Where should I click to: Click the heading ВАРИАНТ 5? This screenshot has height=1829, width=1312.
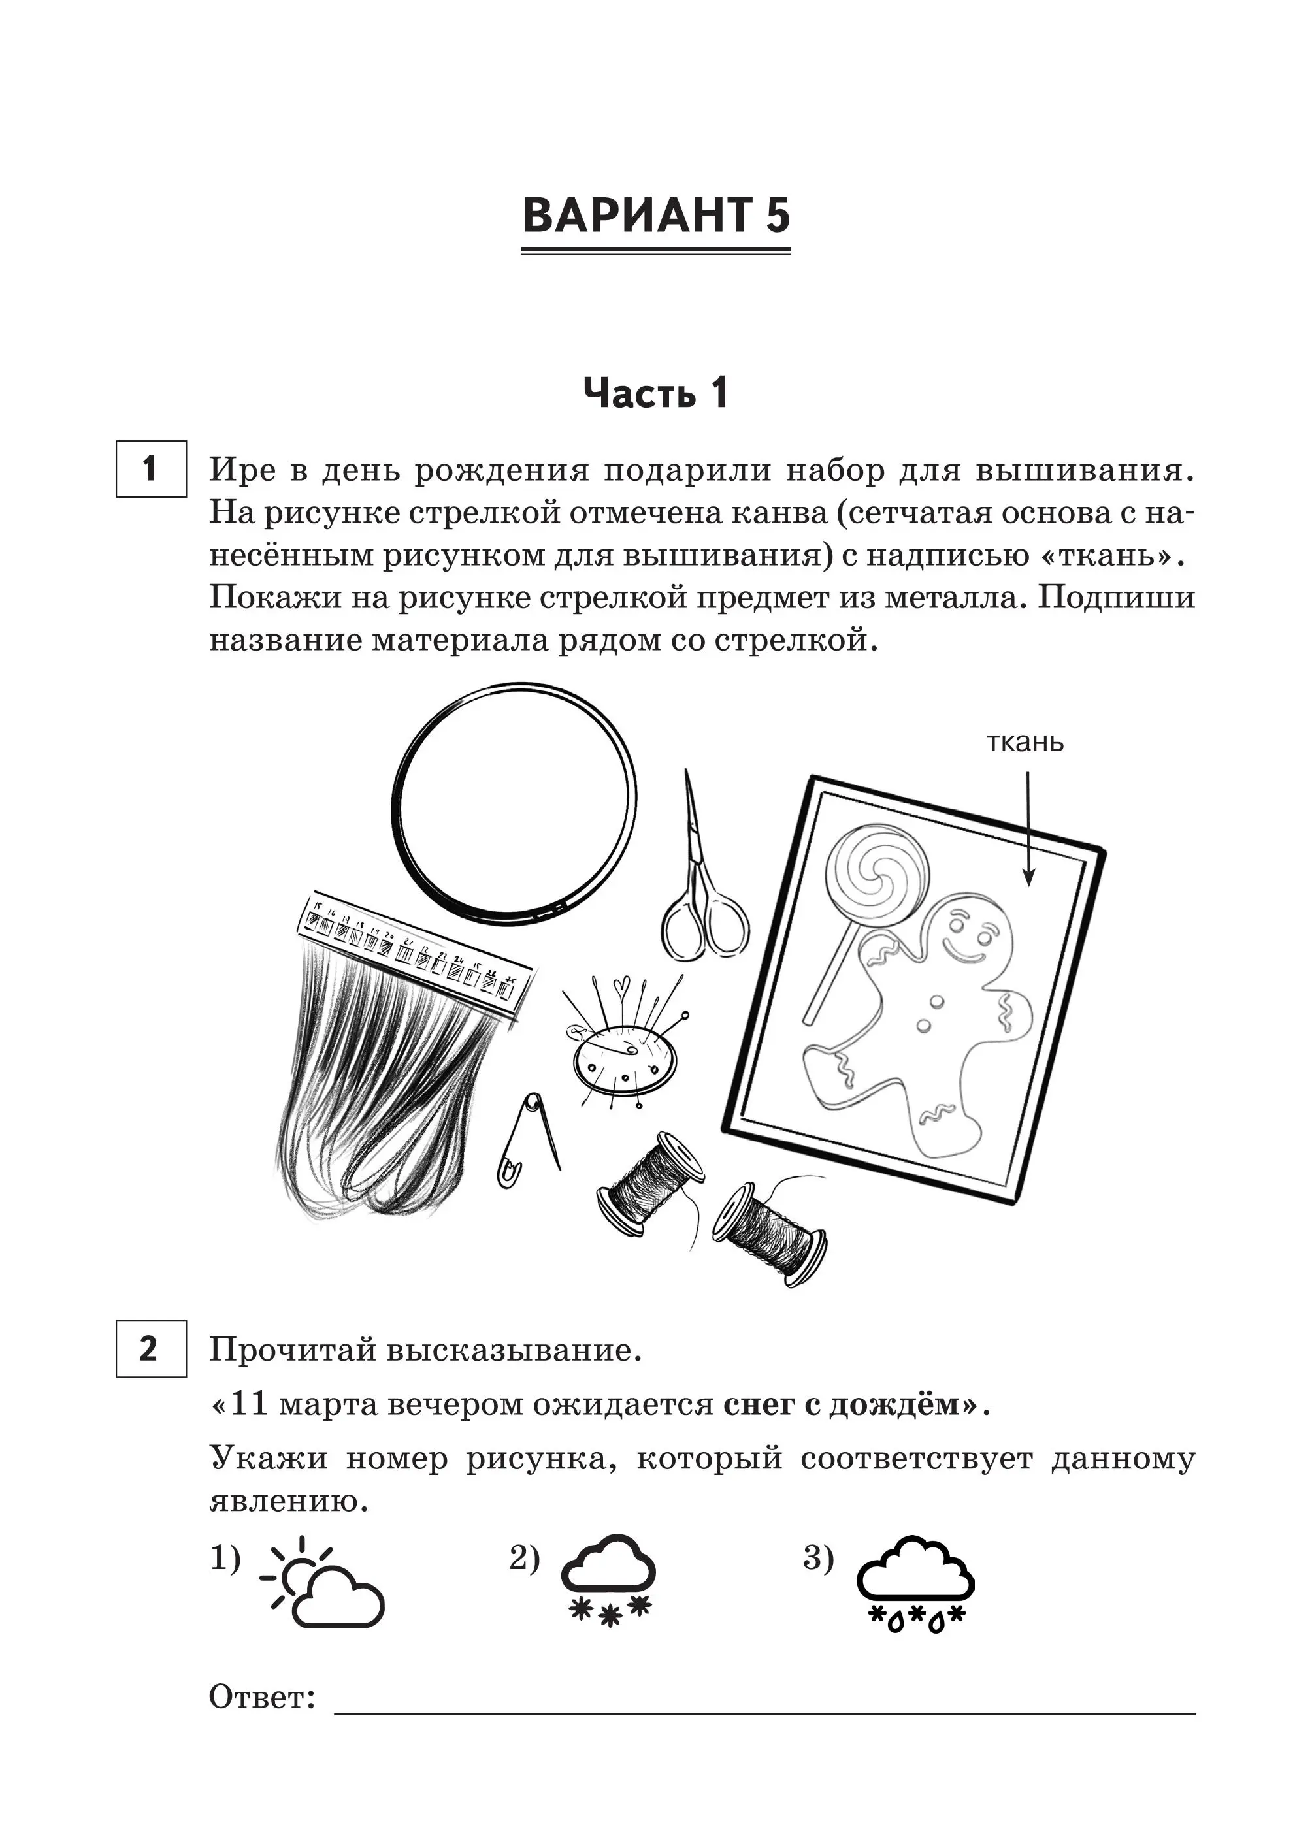point(656,216)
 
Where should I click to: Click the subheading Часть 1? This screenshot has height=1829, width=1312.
point(655,393)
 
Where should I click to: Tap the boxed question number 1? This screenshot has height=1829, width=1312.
point(151,468)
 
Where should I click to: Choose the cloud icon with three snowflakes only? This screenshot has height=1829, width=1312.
point(608,1580)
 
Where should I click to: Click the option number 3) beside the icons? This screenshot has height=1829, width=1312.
point(818,1557)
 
